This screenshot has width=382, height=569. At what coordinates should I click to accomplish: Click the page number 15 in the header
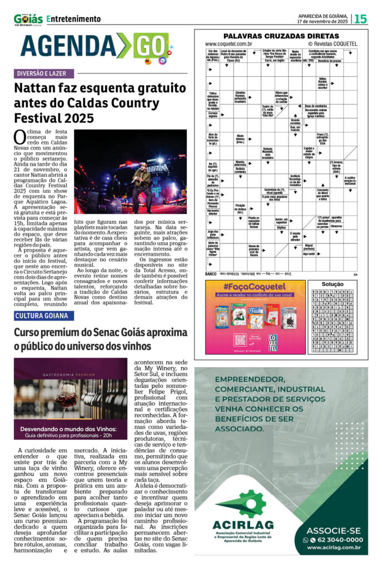coord(360,19)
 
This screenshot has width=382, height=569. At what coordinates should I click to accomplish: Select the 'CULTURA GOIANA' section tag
coord(44,316)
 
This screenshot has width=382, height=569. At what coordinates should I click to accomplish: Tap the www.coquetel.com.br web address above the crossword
coord(229,43)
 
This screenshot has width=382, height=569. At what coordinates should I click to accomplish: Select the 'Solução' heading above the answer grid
coord(333,284)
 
